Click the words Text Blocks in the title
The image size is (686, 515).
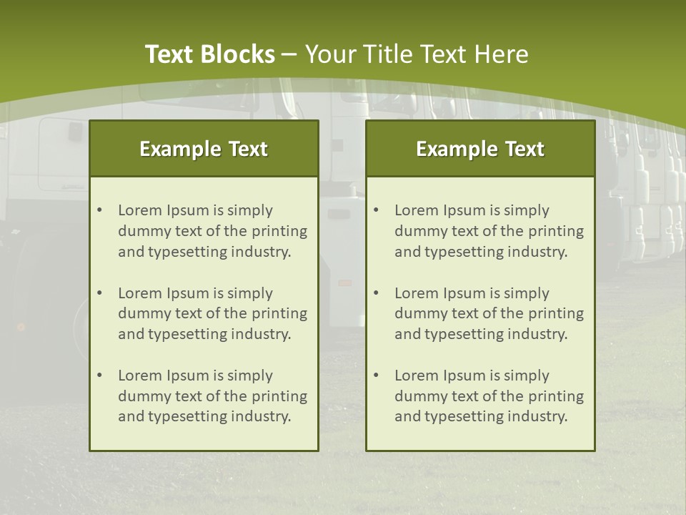click(209, 54)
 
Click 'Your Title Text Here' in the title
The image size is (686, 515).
click(417, 54)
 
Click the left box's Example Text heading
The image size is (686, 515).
click(204, 149)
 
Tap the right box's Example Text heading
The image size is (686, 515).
click(480, 149)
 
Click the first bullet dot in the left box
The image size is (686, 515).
click(99, 210)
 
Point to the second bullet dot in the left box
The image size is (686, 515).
click(99, 293)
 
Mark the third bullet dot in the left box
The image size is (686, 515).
click(99, 376)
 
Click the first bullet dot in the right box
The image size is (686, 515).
click(376, 210)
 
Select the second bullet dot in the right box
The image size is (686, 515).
click(376, 293)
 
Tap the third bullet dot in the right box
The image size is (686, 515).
click(376, 376)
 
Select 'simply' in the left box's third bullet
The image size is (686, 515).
click(251, 376)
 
